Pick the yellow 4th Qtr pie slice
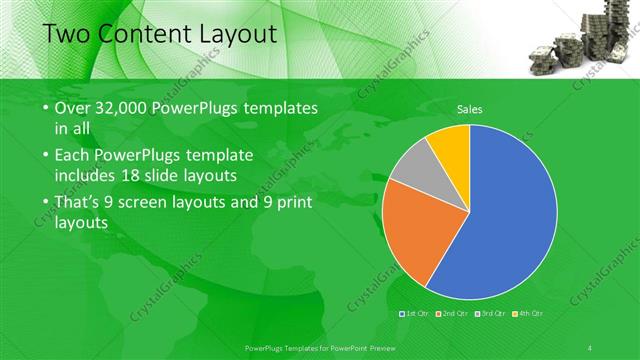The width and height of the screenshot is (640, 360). point(451,145)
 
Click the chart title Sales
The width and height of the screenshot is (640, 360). point(469,110)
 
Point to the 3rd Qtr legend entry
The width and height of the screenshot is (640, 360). point(489,314)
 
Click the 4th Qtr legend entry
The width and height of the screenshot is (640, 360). point(527,314)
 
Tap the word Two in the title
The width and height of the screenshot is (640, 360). point(66,35)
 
